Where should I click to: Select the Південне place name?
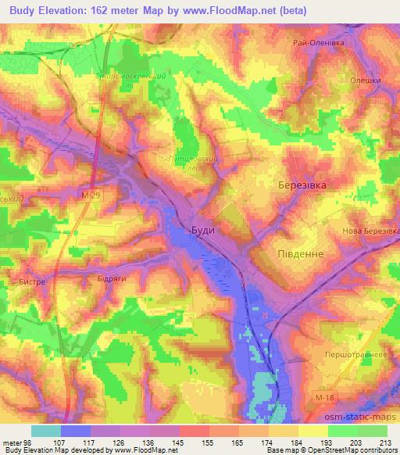pos(300,254)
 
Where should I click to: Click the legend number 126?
pos(114,442)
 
